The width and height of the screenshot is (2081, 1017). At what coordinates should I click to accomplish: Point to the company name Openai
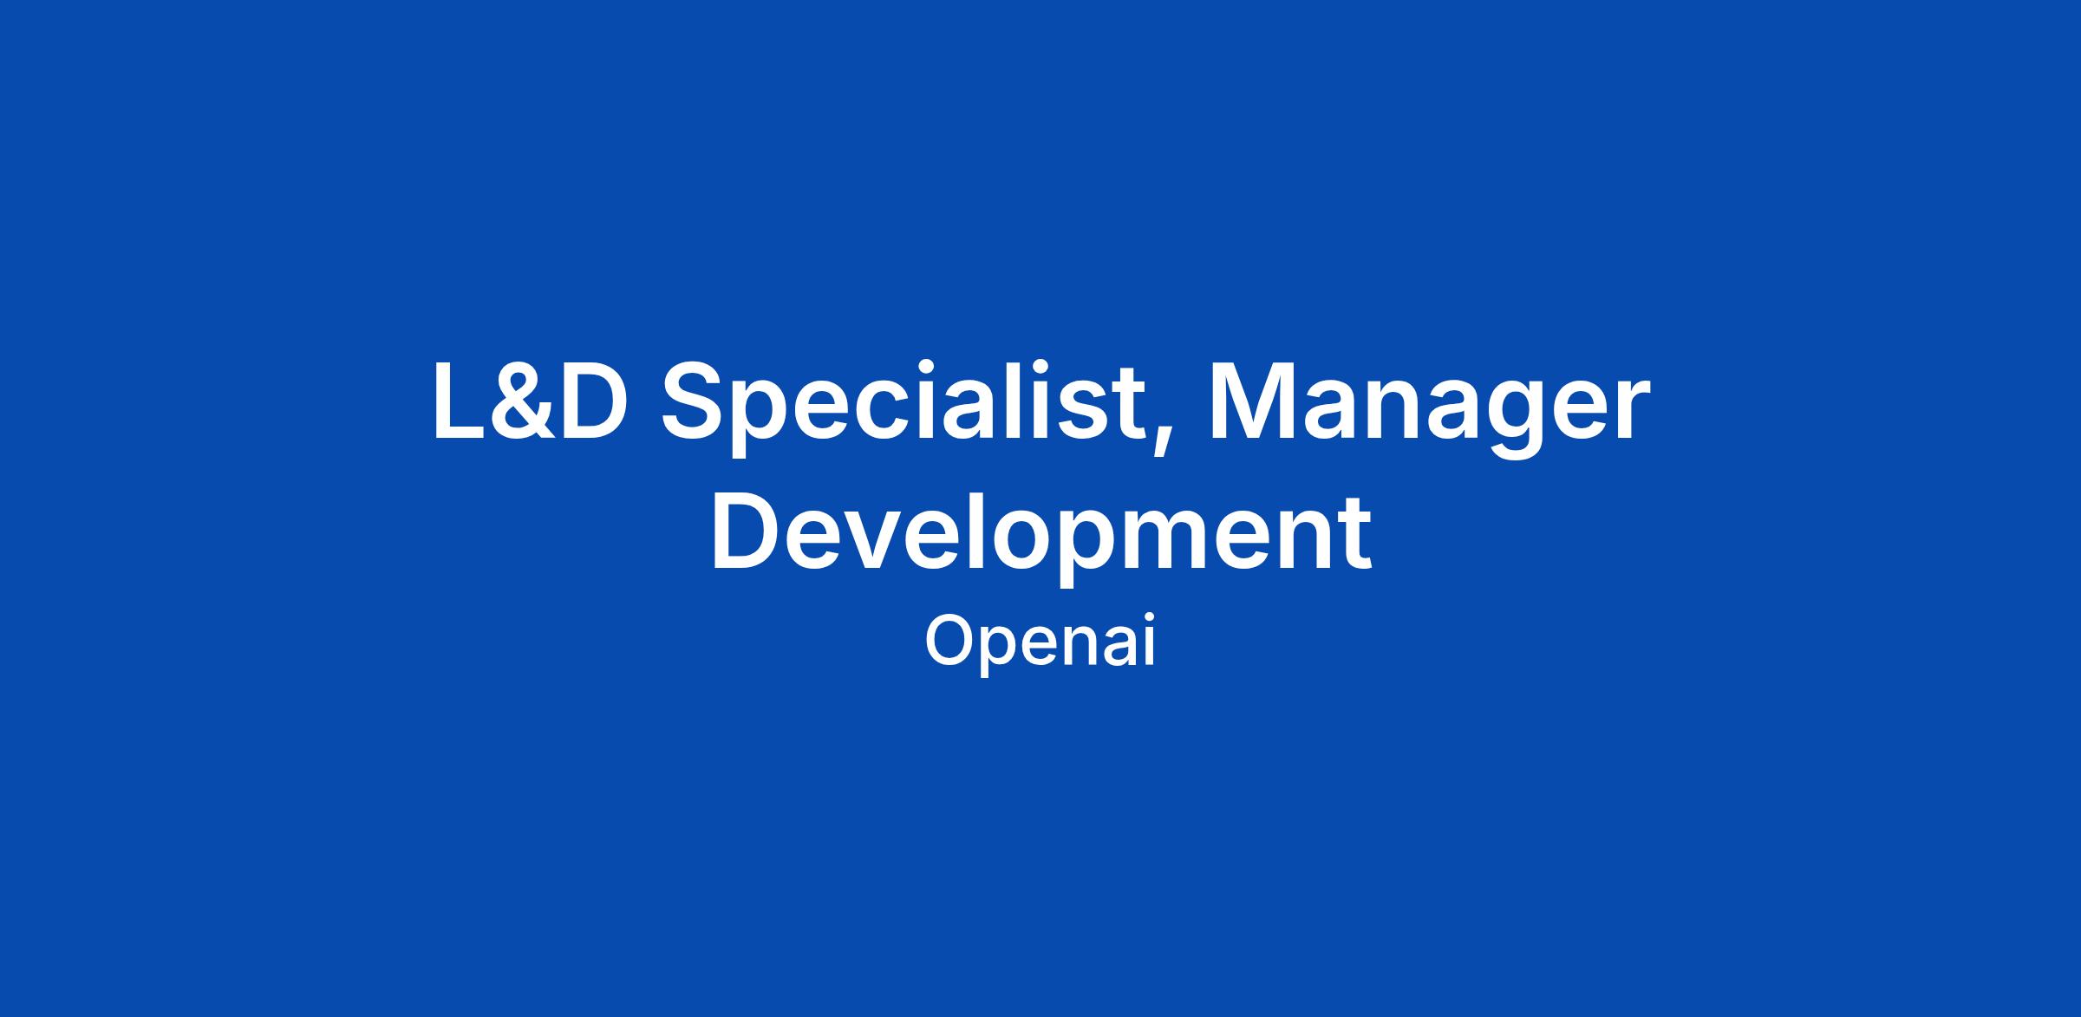pyautogui.click(x=1040, y=643)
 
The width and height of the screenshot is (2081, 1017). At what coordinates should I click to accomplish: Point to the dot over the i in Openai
pyautogui.click(x=1149, y=620)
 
